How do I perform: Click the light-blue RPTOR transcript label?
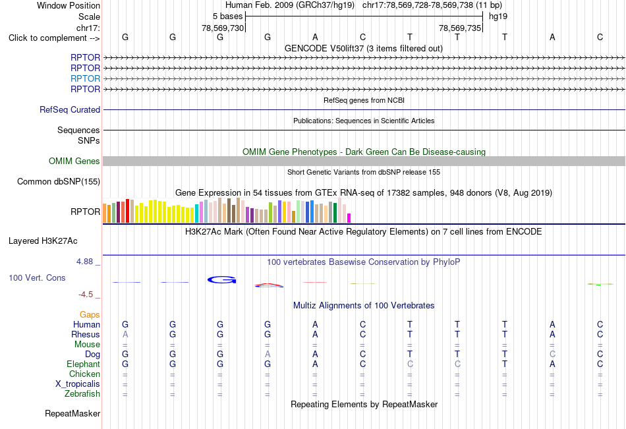click(85, 78)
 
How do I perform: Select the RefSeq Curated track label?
click(70, 109)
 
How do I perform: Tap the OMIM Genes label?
click(74, 161)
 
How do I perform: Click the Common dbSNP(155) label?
click(59, 181)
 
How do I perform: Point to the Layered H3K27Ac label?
click(43, 241)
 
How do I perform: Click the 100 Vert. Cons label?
click(37, 277)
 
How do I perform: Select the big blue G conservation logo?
click(221, 280)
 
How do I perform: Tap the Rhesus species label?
click(86, 334)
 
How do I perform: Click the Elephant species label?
click(84, 364)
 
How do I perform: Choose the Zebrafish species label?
click(82, 393)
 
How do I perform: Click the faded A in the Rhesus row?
click(125, 334)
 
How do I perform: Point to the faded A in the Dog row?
click(268, 354)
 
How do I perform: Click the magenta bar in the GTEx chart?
click(349, 218)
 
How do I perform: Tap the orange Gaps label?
click(90, 315)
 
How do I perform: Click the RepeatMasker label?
click(72, 413)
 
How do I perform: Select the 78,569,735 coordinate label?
click(460, 28)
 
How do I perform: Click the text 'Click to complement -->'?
click(54, 38)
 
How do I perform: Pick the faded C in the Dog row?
click(552, 354)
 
